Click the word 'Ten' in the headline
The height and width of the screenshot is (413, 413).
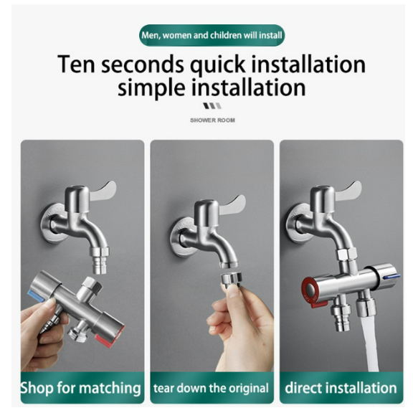coord(80,65)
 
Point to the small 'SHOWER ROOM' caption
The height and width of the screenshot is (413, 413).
coord(212,120)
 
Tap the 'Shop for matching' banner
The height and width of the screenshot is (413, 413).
coord(81,389)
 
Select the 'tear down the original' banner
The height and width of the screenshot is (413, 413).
coord(212,389)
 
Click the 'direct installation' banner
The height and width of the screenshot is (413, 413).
coord(341,389)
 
